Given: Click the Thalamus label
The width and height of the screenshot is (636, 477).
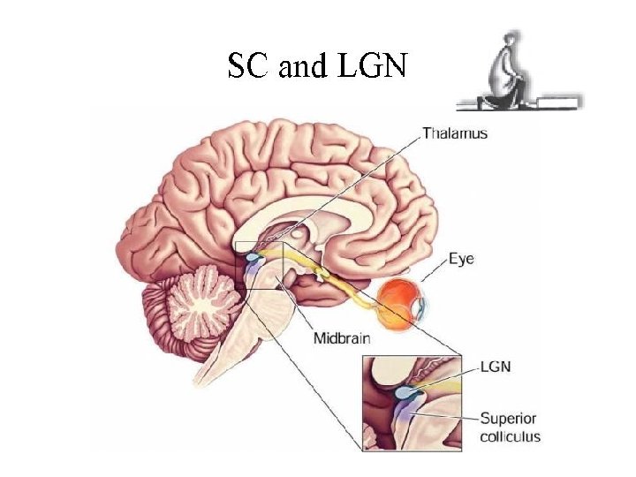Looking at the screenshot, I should [454, 134].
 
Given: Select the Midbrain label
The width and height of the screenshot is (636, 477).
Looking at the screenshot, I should [344, 337].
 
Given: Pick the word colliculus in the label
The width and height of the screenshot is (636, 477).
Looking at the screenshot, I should [510, 435].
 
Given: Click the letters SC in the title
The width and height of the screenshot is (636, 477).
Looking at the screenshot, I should [247, 65].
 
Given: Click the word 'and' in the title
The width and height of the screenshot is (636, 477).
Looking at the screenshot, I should [303, 66].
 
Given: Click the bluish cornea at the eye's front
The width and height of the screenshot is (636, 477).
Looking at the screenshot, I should [424, 307].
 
